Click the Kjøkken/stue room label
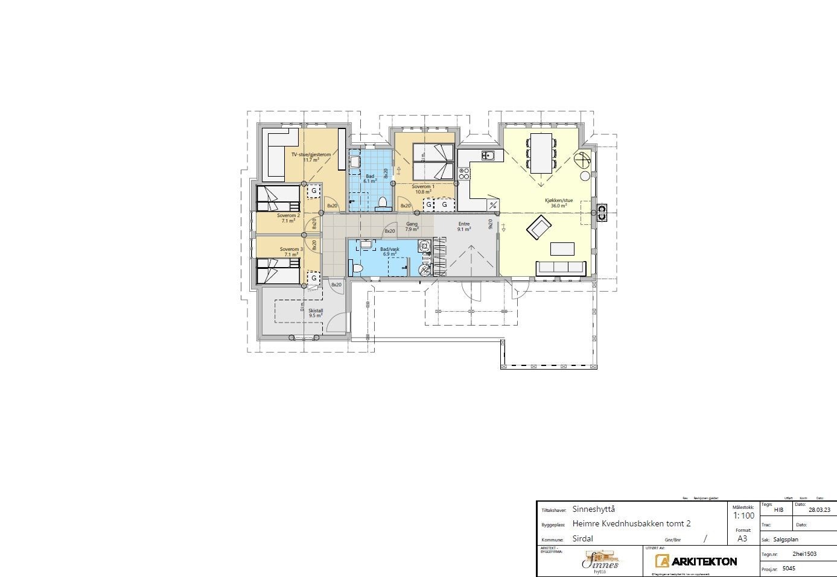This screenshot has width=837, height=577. coord(558,200)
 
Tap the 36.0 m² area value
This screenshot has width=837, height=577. coord(558,206)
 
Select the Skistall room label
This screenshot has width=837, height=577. coord(316,311)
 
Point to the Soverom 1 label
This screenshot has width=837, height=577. coord(423,187)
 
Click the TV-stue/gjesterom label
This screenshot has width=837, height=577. coord(311,154)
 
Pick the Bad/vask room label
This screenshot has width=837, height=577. coord(389,249)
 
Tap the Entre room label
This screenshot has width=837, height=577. coord(463,224)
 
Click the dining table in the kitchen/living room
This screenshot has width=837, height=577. coord(541,153)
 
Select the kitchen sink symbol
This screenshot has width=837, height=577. coord(488,156)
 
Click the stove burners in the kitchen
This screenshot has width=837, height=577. coord(464,174)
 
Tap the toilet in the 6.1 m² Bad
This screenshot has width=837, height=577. coord(382,202)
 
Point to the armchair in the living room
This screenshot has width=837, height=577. coord(539,228)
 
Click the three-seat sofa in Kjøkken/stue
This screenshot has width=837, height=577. coord(561,268)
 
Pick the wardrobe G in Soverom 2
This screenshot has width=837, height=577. coord(314,191)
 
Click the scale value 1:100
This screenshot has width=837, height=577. coord(743,516)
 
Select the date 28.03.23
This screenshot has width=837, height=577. coord(819,510)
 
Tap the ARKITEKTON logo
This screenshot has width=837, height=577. coord(696,561)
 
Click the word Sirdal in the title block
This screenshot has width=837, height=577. coord(583,539)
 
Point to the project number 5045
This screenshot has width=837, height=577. coord(789,568)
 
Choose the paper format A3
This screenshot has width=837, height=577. coord(742,538)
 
